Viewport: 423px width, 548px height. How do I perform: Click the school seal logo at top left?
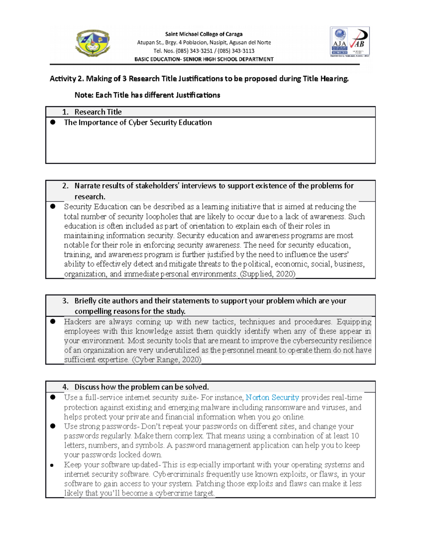93,43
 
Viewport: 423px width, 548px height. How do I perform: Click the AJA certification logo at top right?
340,41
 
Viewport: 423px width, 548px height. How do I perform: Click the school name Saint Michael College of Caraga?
204,34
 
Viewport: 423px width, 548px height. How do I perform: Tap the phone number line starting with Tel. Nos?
204,51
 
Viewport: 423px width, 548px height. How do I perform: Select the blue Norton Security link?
272,398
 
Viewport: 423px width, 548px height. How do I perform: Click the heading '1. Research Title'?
92,112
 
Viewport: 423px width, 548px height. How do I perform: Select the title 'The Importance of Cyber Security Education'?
138,122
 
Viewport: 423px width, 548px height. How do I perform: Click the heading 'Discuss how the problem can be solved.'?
141,387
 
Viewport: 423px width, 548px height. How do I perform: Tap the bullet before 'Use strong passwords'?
53,426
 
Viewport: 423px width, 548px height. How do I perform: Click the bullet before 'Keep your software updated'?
52,465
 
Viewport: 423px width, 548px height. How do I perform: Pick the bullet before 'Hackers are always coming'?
53,321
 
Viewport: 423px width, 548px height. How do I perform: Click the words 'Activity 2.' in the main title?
67,79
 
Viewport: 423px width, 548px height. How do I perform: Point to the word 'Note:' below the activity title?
84,95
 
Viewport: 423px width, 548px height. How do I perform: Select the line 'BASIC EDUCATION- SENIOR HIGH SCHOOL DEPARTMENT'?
204,59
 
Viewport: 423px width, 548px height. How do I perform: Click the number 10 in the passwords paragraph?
355,436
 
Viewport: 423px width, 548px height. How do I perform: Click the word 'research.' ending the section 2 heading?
90,197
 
